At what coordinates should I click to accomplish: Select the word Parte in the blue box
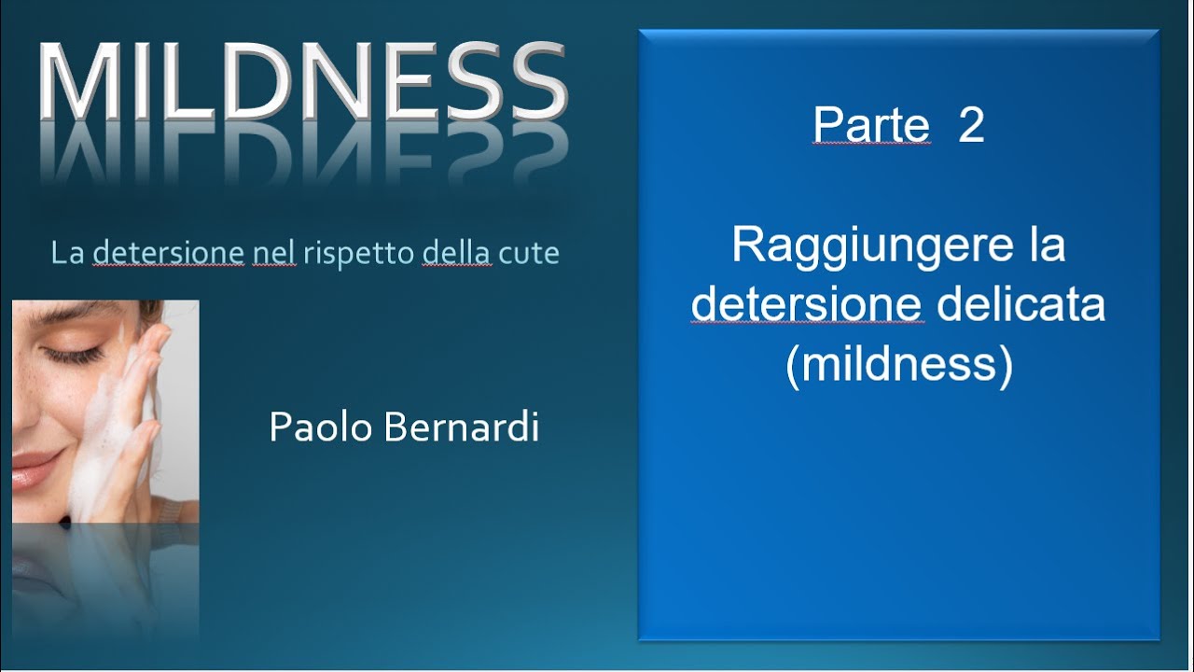tap(871, 126)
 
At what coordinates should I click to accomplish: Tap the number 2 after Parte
tap(971, 126)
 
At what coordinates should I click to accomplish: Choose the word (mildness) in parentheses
tap(898, 364)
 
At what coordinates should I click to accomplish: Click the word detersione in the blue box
tap(808, 305)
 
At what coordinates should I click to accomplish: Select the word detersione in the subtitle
tap(168, 253)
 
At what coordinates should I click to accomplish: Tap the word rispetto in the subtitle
tap(359, 254)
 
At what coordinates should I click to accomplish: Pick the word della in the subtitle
tap(456, 253)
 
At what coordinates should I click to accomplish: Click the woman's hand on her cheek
tap(131, 411)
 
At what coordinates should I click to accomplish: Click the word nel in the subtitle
tap(274, 253)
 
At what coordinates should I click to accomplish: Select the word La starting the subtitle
tap(68, 253)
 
